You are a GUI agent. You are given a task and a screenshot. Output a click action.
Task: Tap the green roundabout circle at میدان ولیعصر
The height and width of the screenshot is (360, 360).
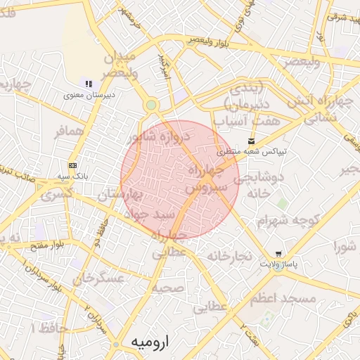pos(151,105)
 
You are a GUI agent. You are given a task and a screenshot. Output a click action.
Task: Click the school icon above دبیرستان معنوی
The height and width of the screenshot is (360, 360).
pos(89,84)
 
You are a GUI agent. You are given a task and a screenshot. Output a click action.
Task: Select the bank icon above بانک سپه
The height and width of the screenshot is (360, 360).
pos(73,165)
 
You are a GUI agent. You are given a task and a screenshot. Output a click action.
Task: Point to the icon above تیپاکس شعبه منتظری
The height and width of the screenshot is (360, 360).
pos(252,141)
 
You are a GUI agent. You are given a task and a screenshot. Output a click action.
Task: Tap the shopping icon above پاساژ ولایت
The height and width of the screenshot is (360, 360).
pos(279,254)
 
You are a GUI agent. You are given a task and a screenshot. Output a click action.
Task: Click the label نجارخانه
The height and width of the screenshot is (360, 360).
pos(229,256)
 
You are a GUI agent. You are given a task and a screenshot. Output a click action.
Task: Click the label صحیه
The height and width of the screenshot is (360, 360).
pos(167,288)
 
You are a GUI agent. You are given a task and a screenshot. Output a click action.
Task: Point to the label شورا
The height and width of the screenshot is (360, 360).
pos(345,246)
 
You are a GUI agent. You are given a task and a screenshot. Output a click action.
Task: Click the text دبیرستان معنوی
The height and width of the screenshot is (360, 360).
pos(89,94)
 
